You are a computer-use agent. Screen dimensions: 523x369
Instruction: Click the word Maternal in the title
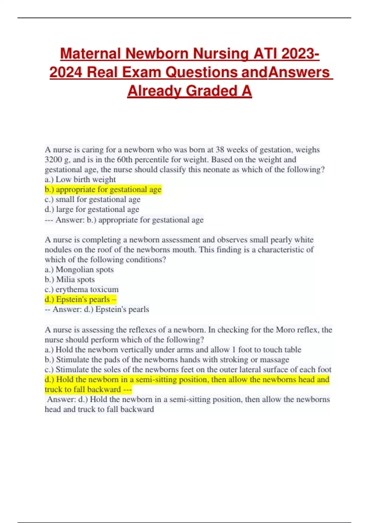90,54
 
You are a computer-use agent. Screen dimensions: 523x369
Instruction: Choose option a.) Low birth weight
80,179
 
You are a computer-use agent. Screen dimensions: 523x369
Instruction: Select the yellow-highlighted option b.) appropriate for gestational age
103,190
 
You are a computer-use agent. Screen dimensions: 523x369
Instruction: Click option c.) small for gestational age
93,199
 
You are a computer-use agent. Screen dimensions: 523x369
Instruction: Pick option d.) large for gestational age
92,209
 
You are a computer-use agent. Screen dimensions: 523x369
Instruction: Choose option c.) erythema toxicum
81,289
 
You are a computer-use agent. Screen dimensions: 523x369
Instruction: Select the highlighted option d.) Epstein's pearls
80,299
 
